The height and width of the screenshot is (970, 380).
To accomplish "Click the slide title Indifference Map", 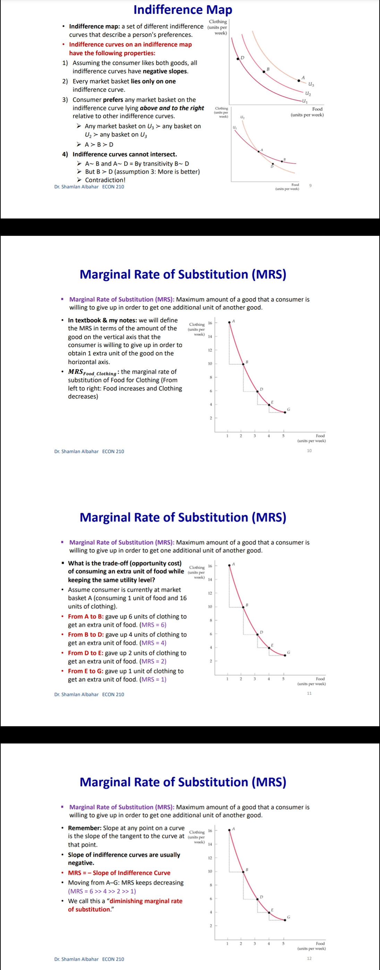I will pos(183,9).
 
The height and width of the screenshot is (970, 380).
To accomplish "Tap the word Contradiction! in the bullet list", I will pos(105,180).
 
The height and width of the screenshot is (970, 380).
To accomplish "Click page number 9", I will pos(310,185).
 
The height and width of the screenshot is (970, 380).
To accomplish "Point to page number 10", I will pos(309,450).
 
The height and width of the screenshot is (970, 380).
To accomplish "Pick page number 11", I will pos(309,693).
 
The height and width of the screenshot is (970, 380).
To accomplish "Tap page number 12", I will pos(309,958).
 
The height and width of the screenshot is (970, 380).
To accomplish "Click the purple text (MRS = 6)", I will pos(153,625).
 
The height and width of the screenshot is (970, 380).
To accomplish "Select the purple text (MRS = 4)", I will pos(153,643).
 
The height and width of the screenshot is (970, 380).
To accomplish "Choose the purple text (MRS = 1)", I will pos(153,679).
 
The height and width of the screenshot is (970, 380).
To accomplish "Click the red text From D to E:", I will pos(85,653).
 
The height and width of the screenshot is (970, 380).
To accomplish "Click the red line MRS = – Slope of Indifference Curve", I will pos(119,872).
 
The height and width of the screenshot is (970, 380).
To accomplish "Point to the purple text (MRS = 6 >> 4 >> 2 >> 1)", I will pos(102,891).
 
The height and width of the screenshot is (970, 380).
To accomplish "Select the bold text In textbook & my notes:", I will pos(102,320).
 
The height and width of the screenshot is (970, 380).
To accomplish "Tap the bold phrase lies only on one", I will pos(153,81).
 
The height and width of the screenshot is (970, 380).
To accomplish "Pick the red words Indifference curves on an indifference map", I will pos(130,44).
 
